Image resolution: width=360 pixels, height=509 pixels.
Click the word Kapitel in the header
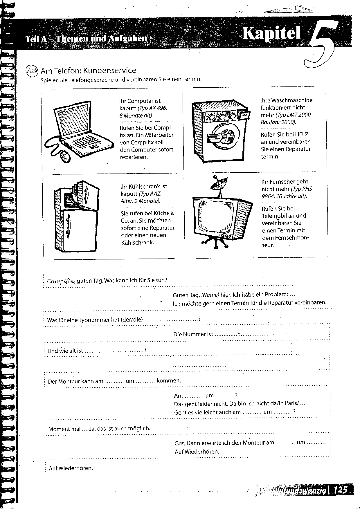(271, 33)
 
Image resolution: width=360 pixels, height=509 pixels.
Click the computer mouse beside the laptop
(65, 156)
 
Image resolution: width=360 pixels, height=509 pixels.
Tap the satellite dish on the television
(218, 183)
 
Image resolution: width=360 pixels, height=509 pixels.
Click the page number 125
(340, 490)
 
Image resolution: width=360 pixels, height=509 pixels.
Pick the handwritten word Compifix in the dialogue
(61, 281)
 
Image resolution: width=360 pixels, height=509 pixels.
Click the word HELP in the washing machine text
(301, 134)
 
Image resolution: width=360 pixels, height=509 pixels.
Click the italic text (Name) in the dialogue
(210, 295)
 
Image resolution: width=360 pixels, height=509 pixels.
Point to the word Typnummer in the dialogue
(89, 320)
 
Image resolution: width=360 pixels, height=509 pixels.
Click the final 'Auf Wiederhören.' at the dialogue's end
(71, 468)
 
